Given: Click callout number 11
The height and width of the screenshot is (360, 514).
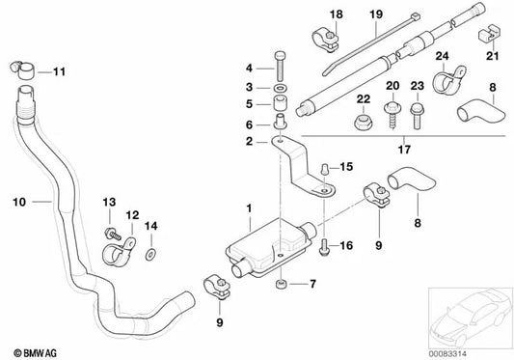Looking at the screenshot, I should pyautogui.click(x=60, y=72).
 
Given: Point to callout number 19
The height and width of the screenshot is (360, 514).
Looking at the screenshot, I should pyautogui.click(x=376, y=14).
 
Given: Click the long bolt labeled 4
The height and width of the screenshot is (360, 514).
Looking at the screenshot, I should pyautogui.click(x=280, y=69).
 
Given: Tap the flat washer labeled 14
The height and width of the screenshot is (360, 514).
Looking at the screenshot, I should pyautogui.click(x=150, y=258).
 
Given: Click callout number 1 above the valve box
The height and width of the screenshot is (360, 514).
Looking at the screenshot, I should pyautogui.click(x=248, y=209).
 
